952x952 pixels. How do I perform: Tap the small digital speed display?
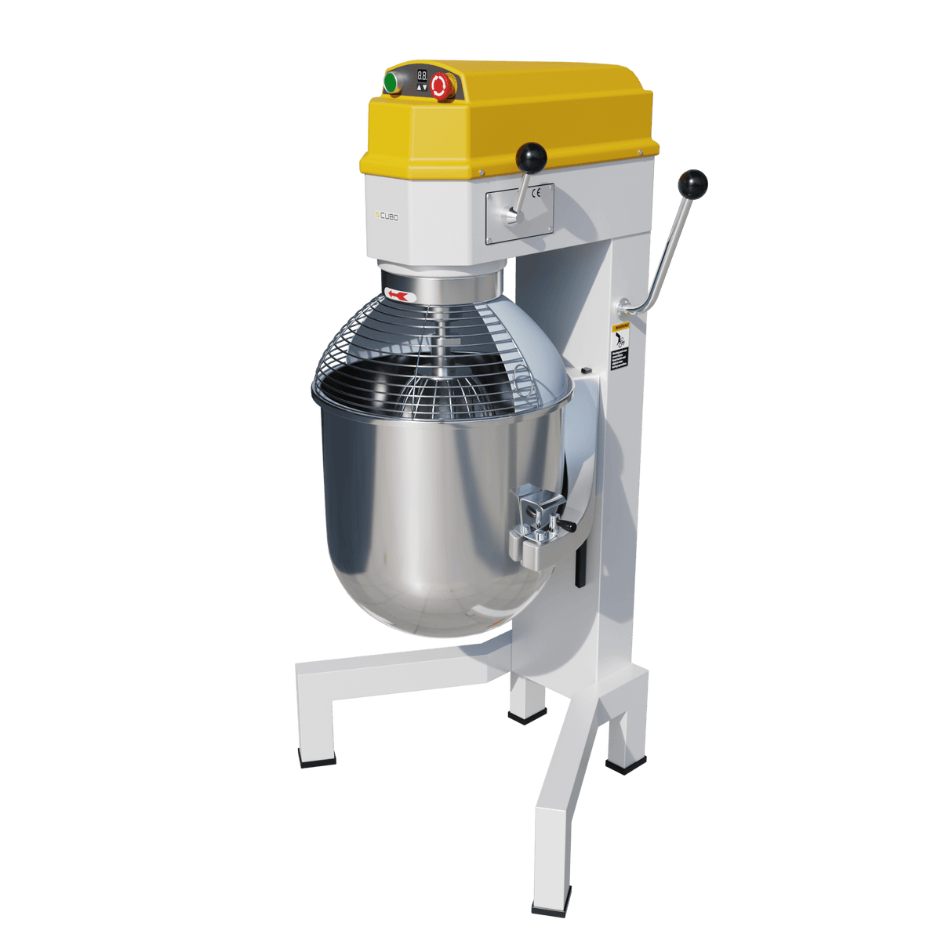click(x=422, y=77)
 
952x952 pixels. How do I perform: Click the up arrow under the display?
click(x=419, y=88)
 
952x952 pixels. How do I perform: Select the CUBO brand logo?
click(x=387, y=215)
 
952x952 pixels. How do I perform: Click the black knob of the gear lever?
click(x=532, y=156)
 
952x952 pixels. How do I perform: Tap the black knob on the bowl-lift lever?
click(x=693, y=185)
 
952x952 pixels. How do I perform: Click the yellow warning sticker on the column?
click(x=620, y=345)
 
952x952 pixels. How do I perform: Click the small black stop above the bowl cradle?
click(x=585, y=368)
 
